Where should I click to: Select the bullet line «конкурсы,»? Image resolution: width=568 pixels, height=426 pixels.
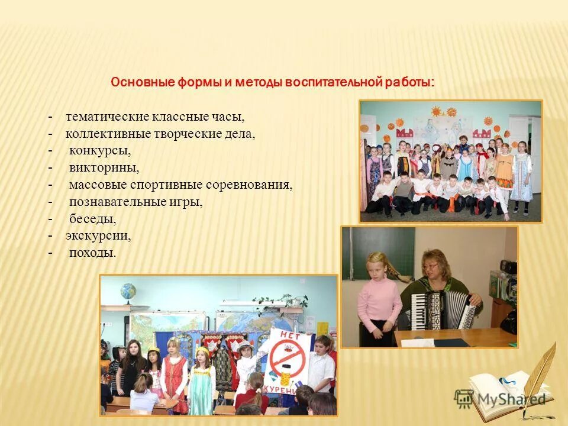click(x=100, y=151)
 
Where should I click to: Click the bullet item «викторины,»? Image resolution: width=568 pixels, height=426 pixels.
click(x=104, y=168)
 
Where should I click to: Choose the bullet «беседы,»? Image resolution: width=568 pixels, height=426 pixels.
click(x=92, y=218)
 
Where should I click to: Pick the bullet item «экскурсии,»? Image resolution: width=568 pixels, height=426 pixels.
click(x=98, y=235)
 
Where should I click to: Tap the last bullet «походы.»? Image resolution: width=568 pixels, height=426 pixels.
click(x=92, y=253)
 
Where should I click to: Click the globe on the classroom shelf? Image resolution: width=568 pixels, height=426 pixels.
click(x=127, y=292)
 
